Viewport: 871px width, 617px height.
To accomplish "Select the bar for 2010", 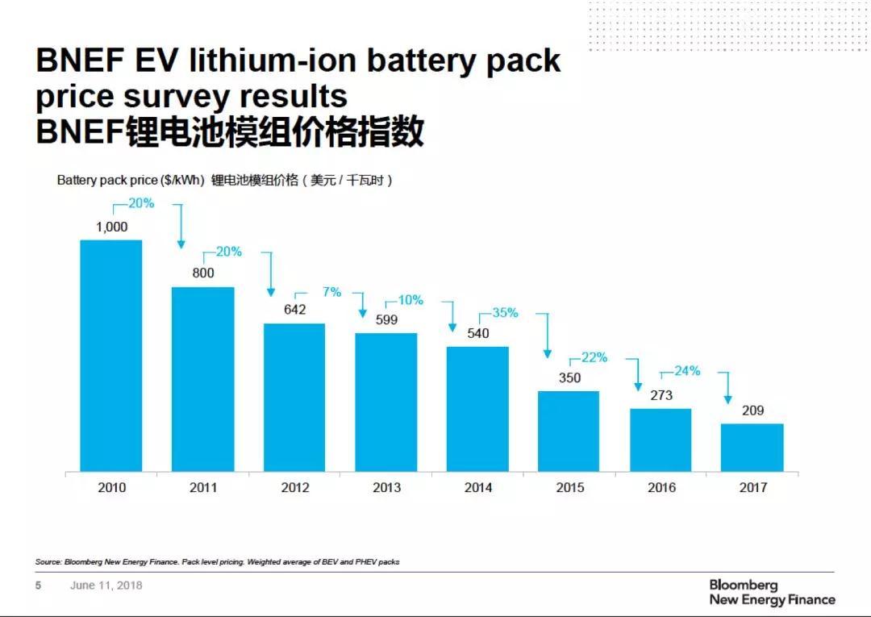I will point(111,355).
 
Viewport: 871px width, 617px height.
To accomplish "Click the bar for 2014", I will point(477,408).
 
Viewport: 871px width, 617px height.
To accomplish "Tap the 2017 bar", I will point(752,447).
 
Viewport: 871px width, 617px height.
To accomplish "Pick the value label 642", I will point(295,310).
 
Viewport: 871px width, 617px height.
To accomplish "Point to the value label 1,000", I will point(111,227).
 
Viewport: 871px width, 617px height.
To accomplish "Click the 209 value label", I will point(752,411).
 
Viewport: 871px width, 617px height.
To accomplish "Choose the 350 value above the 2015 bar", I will point(569,377).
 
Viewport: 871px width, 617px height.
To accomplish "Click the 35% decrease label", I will point(505,313).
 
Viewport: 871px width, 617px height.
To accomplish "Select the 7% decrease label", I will point(331,292).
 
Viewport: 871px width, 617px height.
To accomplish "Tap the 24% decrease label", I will point(687,371).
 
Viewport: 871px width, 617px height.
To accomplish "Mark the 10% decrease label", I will point(410,300).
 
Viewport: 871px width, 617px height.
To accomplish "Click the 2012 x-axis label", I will point(295,488).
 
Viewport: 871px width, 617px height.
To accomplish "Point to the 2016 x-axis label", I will point(661,488).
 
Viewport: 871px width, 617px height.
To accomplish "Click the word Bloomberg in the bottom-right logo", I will point(744,585).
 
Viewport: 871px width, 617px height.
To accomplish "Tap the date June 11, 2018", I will point(106,585).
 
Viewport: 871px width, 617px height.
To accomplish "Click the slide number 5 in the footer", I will point(38,585).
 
